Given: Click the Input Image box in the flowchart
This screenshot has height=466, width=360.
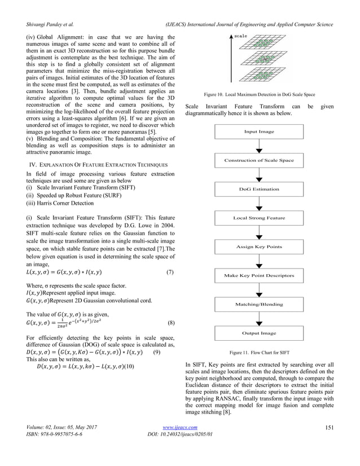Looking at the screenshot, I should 259,131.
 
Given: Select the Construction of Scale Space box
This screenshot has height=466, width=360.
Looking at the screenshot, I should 259,160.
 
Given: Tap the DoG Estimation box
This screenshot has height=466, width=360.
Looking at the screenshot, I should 259,189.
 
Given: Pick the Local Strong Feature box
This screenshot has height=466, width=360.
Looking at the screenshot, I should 259,218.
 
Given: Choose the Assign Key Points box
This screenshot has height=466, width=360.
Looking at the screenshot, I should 259,247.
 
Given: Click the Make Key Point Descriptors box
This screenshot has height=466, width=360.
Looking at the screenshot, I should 259,275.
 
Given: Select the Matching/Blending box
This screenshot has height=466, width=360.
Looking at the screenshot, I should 259,304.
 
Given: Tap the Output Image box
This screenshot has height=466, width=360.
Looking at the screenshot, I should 259,333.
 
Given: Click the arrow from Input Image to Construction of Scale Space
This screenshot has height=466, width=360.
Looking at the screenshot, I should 259,146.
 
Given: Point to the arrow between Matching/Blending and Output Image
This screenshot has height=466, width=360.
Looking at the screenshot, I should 259,319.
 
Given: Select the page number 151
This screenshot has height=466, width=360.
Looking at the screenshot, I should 331,443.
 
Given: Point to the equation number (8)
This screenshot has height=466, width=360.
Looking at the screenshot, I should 170,324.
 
